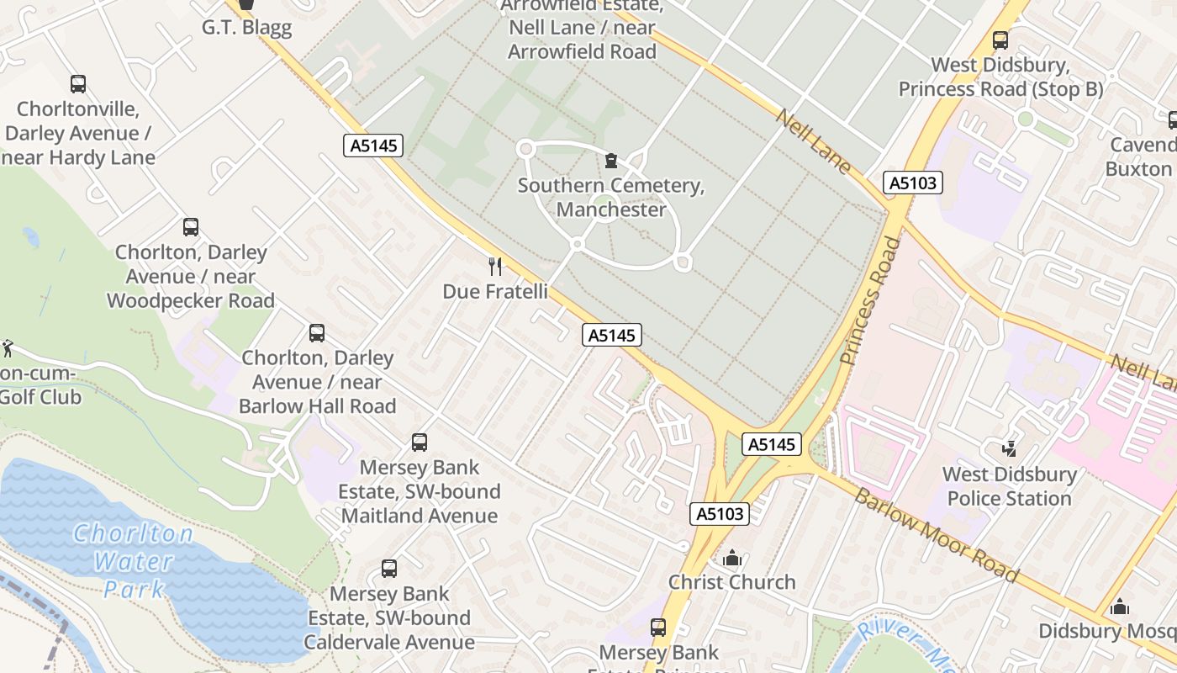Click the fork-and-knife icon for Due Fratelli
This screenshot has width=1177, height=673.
[495, 267]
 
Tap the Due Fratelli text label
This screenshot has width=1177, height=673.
[495, 292]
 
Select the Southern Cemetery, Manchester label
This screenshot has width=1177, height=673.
[611, 198]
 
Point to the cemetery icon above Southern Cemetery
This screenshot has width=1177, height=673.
[611, 161]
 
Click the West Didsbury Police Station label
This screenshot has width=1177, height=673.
[1009, 486]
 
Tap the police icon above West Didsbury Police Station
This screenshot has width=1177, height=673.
[1009, 449]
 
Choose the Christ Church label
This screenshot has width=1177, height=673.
[731, 582]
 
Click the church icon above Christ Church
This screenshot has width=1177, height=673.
[732, 558]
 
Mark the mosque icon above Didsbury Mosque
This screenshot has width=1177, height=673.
[1119, 607]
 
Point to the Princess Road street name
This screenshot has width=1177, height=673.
[871, 300]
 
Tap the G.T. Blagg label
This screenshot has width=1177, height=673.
[246, 27]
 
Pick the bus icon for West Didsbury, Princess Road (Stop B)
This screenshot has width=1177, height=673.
[1000, 40]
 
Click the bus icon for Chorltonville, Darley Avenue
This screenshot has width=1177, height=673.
[78, 84]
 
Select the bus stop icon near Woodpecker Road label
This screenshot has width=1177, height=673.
[191, 227]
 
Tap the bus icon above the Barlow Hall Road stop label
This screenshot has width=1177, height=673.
[317, 333]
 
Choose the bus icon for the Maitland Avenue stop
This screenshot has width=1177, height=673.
[419, 442]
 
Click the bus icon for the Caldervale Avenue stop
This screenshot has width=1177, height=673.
[389, 569]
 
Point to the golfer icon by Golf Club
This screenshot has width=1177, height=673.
[8, 347]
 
